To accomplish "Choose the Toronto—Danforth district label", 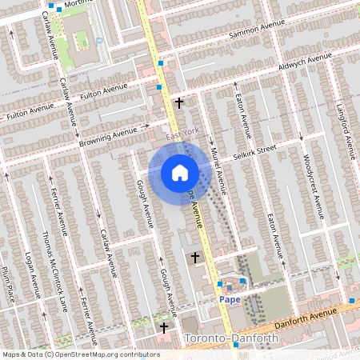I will [231, 339].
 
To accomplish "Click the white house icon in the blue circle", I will [180, 172].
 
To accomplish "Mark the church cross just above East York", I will [179, 102].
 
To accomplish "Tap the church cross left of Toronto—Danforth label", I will [165, 328].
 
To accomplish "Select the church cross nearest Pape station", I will [196, 258].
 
